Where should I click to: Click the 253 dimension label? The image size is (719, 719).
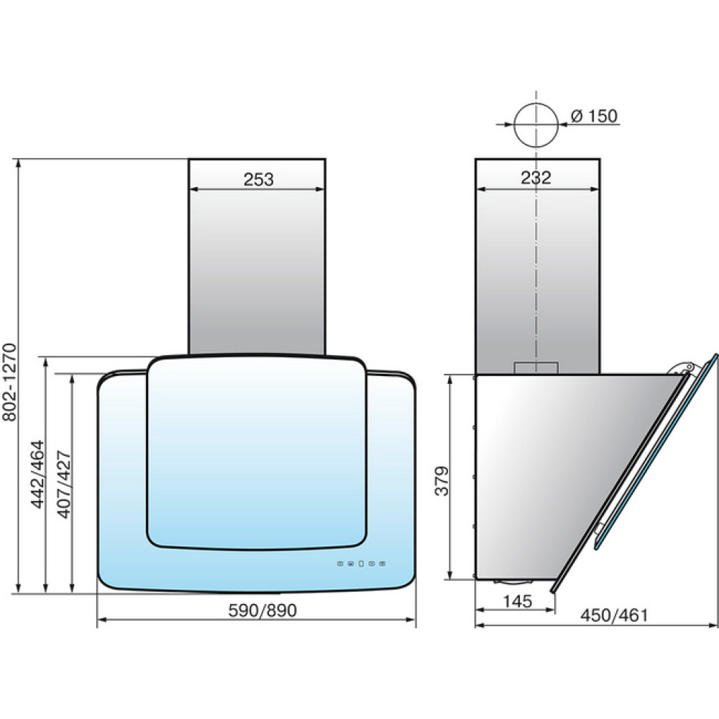258,179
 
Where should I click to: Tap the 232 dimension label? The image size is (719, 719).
536,178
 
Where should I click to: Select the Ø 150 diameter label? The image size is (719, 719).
595,116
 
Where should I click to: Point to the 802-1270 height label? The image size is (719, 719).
9,382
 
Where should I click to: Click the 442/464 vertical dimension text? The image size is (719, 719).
37,474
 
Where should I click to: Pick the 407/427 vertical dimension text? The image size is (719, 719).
64,485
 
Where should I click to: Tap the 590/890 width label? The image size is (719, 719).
262,610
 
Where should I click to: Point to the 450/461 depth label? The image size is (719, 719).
615,615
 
